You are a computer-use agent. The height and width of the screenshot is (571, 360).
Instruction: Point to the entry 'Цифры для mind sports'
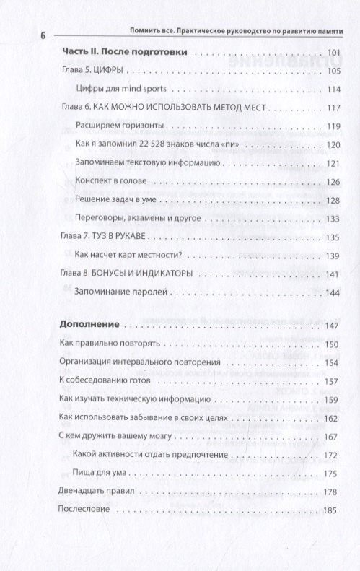[122, 89]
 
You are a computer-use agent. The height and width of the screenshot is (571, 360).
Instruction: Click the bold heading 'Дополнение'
[89, 326]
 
